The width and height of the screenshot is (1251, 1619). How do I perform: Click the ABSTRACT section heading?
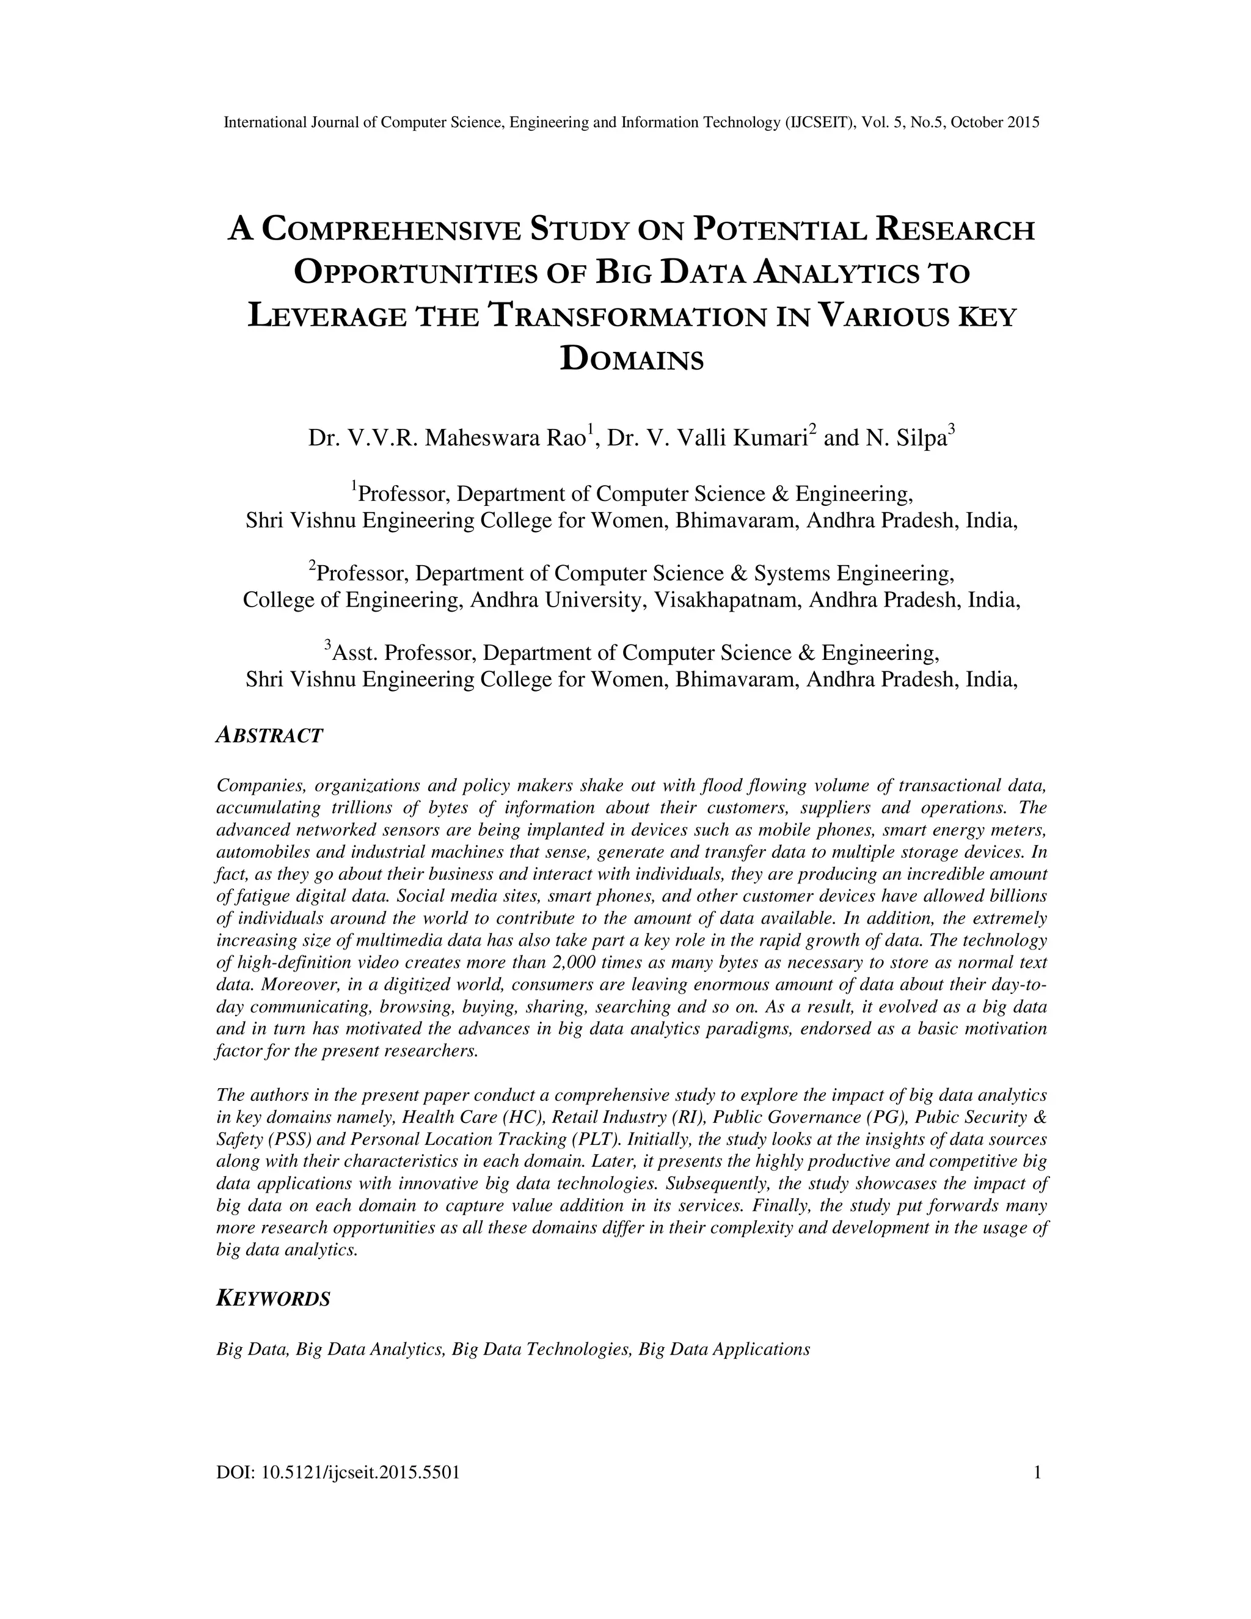pos(269,736)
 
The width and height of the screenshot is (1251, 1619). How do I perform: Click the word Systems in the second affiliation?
pos(790,573)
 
